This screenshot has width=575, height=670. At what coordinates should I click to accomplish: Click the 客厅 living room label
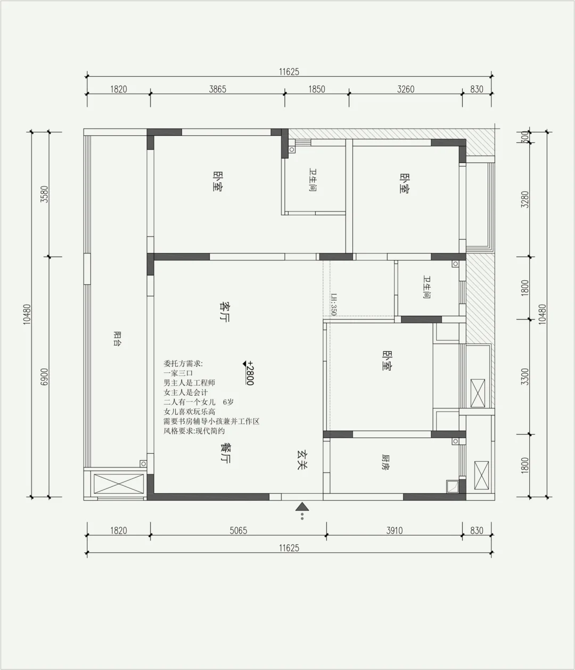coord(225,312)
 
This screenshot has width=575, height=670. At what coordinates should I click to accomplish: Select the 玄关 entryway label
coord(302,460)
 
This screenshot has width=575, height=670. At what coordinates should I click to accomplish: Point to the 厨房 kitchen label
coord(385,462)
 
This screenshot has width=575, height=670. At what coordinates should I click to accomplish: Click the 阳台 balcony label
coord(117,339)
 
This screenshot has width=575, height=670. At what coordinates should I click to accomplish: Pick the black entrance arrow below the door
coord(302,506)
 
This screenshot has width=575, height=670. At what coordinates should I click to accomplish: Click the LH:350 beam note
coord(334,304)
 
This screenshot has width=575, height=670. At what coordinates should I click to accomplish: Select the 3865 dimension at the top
coord(218,89)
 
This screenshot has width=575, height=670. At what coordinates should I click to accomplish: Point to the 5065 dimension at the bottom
coord(238,530)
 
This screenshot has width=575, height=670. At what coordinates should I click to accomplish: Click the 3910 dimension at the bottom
coord(395,530)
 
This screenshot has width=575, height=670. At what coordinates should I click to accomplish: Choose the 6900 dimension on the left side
coord(44,377)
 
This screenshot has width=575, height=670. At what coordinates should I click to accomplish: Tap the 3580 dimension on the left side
coord(44,194)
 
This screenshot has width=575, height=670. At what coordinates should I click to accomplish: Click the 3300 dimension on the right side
coord(525,377)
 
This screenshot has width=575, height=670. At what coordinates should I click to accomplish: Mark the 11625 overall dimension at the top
coord(289,72)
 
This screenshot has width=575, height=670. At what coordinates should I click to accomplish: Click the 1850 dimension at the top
coord(317,89)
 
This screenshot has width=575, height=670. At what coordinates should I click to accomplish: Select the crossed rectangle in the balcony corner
coord(119,484)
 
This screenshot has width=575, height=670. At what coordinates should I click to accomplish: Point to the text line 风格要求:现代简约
coord(194,431)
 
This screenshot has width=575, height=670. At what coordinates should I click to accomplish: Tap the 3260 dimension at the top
coord(406,89)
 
